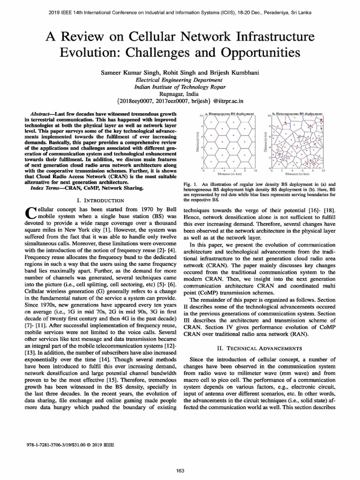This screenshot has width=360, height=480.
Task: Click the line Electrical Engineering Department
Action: [x=180, y=80]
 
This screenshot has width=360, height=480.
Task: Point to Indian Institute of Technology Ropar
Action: [x=180, y=87]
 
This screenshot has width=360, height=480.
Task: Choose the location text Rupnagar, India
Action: [x=180, y=93]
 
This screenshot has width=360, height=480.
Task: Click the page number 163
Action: [x=180, y=471]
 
